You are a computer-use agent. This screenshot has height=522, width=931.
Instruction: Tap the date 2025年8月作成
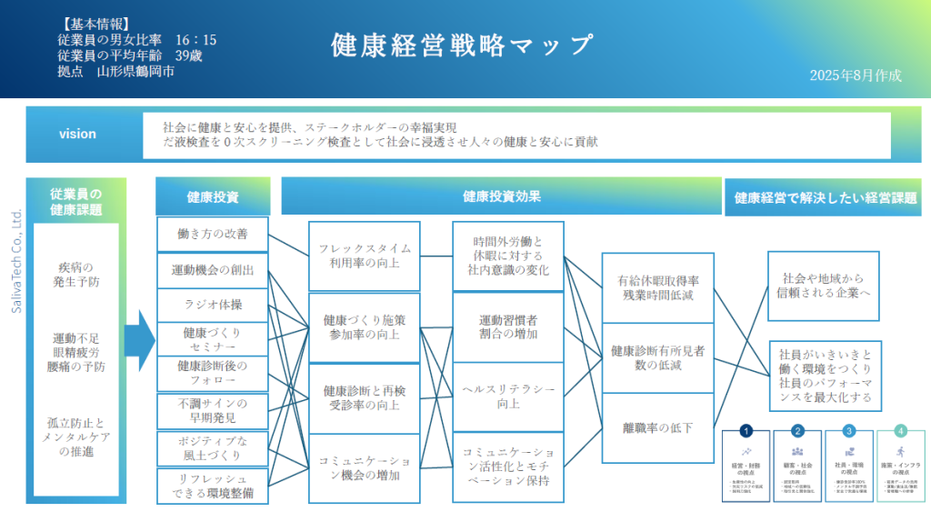click(855, 75)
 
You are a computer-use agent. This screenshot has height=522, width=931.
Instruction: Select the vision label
click(77, 134)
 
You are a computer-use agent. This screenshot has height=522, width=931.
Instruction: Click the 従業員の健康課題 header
click(76, 202)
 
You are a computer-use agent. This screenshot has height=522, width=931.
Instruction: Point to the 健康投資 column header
click(213, 196)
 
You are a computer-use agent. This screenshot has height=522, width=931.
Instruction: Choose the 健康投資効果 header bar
click(501, 196)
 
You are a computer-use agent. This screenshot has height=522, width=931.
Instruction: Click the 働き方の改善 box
click(213, 234)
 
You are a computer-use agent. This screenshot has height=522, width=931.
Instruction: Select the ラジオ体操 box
click(213, 304)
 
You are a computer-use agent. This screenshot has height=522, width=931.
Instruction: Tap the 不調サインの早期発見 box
click(213, 410)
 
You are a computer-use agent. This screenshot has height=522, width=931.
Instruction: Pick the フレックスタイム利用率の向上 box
click(365, 255)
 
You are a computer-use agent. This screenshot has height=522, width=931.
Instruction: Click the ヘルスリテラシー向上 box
click(508, 396)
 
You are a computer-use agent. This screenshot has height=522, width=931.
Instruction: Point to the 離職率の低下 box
click(657, 427)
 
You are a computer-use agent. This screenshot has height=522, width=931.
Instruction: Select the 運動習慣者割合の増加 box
click(508, 326)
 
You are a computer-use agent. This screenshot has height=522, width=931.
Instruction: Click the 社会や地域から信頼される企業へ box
click(824, 285)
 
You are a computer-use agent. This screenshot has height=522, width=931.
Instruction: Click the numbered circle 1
click(746, 431)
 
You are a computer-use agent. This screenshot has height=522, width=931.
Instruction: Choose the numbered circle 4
click(900, 431)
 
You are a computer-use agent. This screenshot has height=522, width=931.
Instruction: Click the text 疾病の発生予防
click(76, 274)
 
